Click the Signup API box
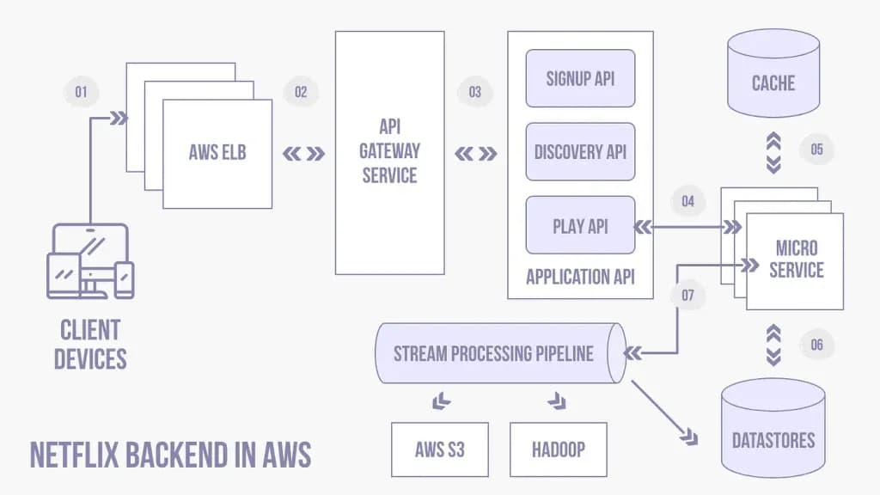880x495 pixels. (580, 78)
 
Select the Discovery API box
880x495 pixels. (580, 151)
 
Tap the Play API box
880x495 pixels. (580, 225)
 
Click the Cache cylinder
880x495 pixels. (773, 73)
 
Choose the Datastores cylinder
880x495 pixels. (773, 428)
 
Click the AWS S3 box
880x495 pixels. (440, 449)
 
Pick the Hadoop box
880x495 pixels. (559, 449)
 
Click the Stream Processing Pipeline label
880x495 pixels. (493, 353)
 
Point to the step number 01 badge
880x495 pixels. (82, 91)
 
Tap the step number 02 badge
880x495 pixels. (301, 91)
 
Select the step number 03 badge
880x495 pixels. (474, 91)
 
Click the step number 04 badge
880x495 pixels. (688, 201)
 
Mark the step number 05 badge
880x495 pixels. (816, 150)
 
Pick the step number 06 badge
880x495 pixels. (816, 344)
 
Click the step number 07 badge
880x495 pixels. (688, 295)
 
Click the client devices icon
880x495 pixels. (90, 261)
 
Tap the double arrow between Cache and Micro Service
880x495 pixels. (773, 153)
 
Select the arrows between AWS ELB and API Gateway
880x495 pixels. (303, 153)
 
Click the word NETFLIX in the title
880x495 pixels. (74, 455)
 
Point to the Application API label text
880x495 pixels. (580, 277)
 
